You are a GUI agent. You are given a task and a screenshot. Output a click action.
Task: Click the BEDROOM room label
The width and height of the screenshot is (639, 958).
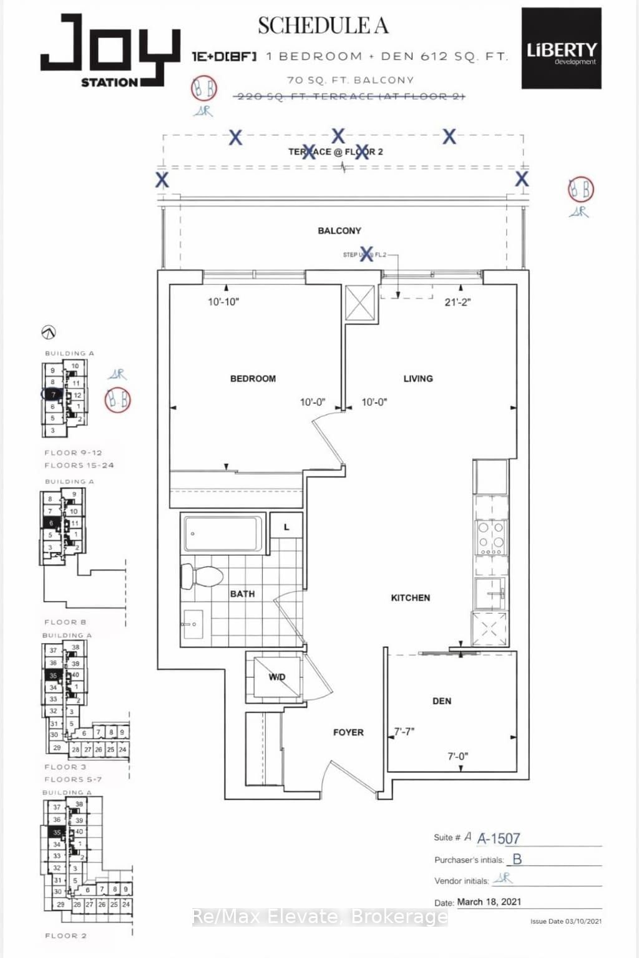(x=253, y=379)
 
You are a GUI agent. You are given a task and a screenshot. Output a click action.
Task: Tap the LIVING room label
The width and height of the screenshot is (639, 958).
(x=417, y=379)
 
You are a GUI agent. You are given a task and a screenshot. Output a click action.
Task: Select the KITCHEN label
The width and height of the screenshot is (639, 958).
(x=410, y=598)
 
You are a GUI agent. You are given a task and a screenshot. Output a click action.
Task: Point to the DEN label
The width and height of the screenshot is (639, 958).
(x=441, y=701)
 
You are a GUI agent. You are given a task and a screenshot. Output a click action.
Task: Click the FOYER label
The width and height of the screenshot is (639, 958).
(x=348, y=732)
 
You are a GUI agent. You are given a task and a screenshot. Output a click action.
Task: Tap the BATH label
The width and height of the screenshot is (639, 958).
(x=242, y=594)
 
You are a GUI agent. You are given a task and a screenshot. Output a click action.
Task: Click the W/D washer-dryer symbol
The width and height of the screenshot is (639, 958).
(x=276, y=677)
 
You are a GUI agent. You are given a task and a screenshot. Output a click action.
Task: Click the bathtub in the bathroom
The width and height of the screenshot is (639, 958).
(x=222, y=534)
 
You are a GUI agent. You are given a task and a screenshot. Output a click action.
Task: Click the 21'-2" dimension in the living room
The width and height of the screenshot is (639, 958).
(x=457, y=302)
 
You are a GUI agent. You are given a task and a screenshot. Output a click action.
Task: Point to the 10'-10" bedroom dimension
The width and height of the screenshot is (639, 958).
(x=223, y=302)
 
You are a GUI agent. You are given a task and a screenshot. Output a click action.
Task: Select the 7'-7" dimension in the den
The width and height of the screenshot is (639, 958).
(x=404, y=732)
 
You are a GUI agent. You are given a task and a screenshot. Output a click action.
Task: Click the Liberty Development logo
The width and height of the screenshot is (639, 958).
(x=561, y=49)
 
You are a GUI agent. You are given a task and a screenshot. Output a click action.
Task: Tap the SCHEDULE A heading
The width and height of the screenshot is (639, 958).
(x=323, y=26)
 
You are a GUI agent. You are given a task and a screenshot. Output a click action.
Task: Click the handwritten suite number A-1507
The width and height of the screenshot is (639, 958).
(x=498, y=838)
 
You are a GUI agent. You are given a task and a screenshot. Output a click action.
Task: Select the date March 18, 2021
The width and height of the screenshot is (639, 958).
(x=489, y=902)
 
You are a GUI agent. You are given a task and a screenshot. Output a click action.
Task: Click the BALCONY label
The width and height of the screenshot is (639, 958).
(x=339, y=231)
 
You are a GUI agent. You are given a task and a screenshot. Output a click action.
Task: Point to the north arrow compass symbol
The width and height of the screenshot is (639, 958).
(x=48, y=332)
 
